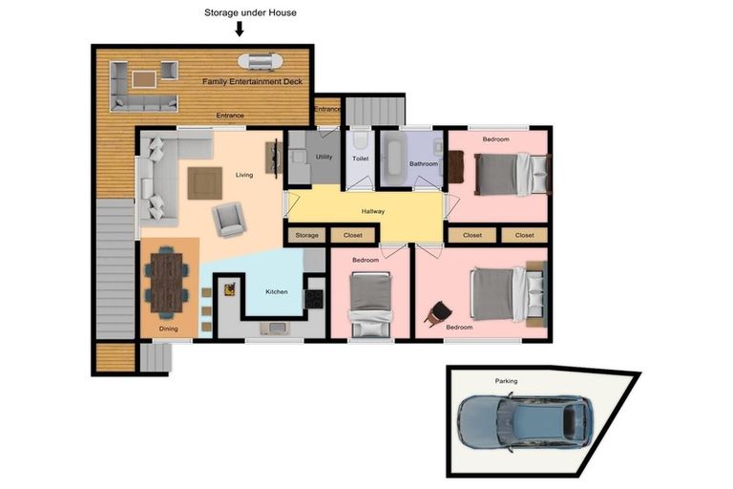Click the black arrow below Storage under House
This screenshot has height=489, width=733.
(x=240, y=29)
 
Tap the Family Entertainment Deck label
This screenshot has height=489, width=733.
(x=252, y=81)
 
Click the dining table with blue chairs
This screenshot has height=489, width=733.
(x=167, y=283)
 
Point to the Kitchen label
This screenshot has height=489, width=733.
(x=277, y=291)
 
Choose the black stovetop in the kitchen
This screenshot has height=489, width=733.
(x=314, y=299)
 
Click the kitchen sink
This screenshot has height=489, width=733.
(x=275, y=328)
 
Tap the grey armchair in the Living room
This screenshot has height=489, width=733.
(x=229, y=219)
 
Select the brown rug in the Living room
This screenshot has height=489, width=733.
(x=205, y=183)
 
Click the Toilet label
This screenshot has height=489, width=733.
(x=361, y=159)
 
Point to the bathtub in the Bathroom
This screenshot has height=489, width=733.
(x=394, y=159)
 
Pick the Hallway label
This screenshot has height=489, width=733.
(x=373, y=211)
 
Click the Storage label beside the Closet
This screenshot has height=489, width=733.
(x=306, y=235)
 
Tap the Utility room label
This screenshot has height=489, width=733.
(x=324, y=157)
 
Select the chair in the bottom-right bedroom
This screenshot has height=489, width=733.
(x=438, y=312)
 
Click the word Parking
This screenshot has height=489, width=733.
(x=506, y=381)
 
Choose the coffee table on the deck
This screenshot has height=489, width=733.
(x=143, y=79)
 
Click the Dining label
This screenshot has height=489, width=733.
(x=168, y=329)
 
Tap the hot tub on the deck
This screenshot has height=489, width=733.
(x=261, y=61)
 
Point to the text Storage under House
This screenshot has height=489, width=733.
(x=251, y=12)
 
